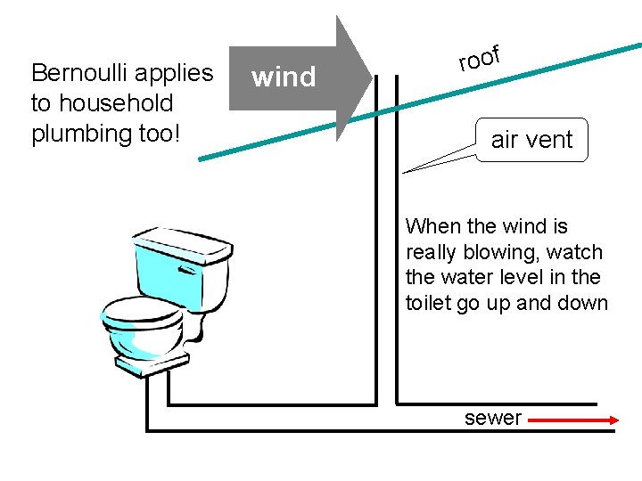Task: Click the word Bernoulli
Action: tap(80, 73)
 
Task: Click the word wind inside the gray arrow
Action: tap(284, 77)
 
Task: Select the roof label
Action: tap(478, 58)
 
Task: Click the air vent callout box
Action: tap(532, 140)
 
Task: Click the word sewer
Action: tap(492, 418)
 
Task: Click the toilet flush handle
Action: tap(188, 267)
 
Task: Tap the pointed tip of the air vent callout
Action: tap(404, 171)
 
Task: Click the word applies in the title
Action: tap(178, 73)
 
